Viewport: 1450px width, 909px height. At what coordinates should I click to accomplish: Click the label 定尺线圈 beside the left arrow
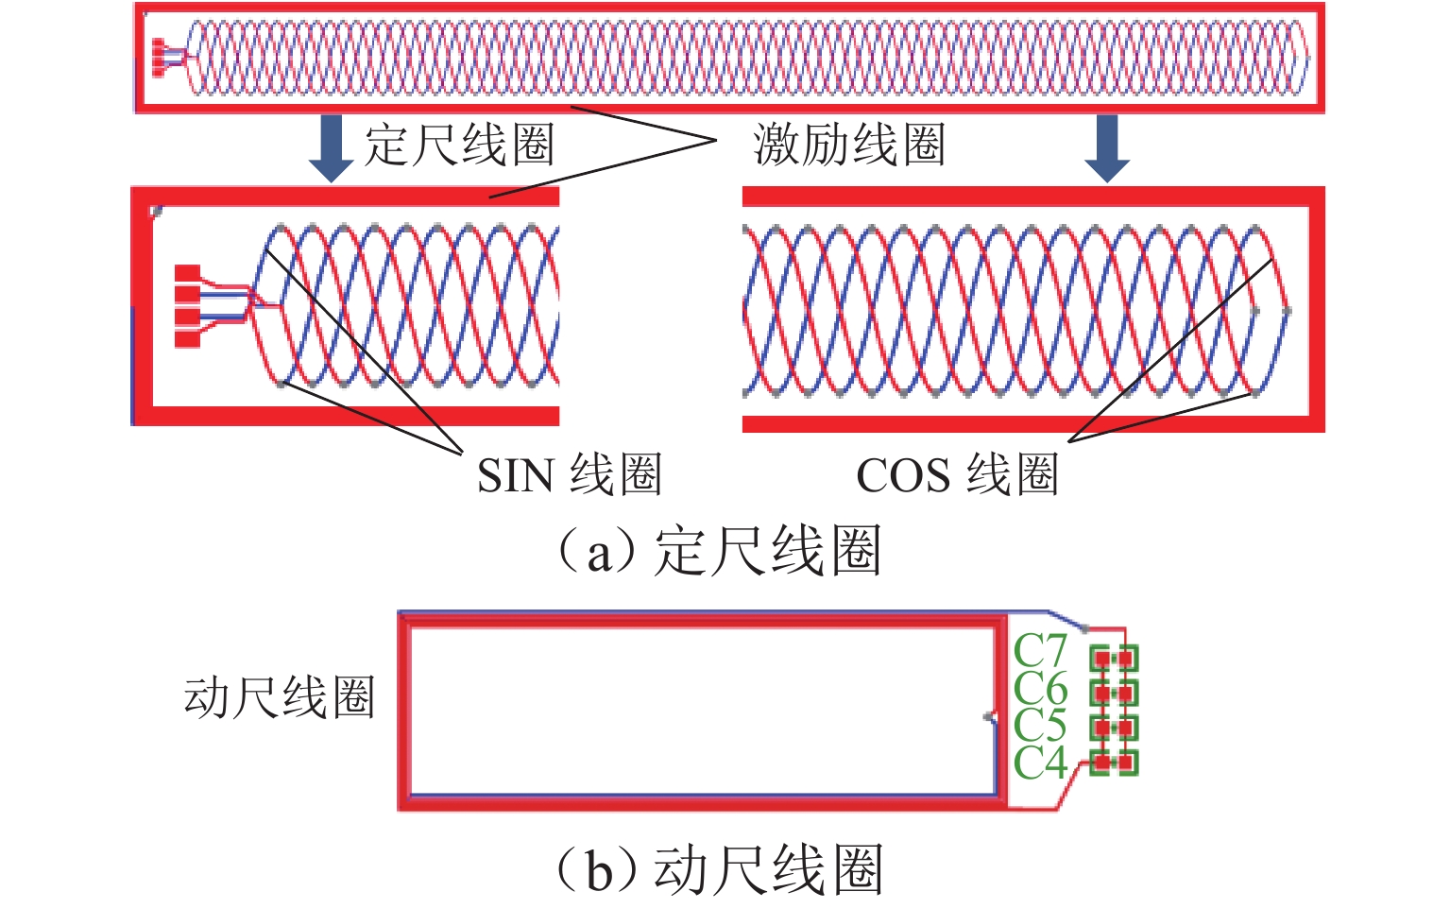point(459,146)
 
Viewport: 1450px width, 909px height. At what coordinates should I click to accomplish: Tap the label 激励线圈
point(848,146)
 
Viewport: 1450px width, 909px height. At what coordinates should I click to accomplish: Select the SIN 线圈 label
point(569,474)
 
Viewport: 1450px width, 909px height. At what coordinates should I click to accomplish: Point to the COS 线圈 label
point(956,474)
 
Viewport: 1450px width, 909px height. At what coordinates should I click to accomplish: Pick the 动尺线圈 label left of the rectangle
point(280,698)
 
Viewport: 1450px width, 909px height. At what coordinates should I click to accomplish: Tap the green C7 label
point(1039,651)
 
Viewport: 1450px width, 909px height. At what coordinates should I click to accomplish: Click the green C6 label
point(1039,689)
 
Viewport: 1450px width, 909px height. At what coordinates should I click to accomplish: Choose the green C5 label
point(1039,726)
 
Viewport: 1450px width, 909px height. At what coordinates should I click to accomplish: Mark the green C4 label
point(1039,763)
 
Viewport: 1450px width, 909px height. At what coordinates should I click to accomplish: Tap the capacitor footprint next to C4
point(1114,762)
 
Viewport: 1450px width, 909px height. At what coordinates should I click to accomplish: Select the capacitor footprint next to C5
point(1114,728)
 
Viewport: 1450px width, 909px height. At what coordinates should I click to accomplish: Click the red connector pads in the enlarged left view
point(188,306)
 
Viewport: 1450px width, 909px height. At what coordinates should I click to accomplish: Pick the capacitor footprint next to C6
point(1114,693)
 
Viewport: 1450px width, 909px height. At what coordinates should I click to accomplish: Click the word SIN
point(515,475)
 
